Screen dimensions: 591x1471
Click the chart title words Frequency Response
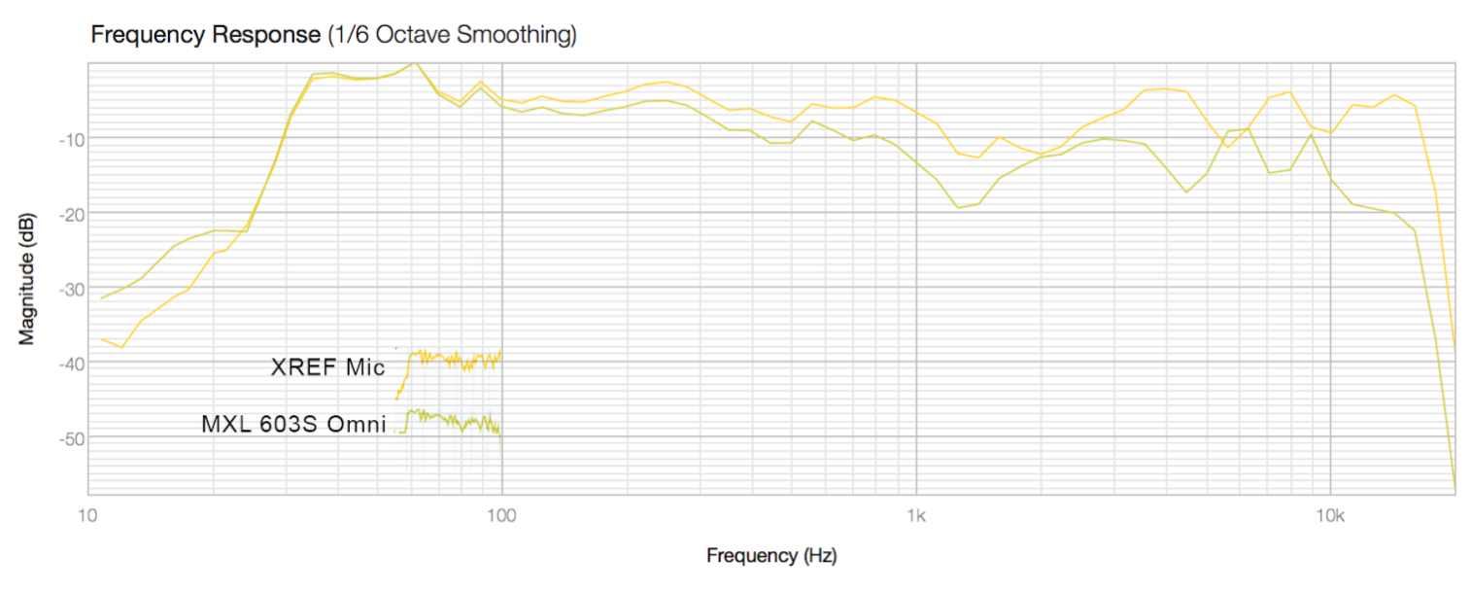pyautogui.click(x=205, y=36)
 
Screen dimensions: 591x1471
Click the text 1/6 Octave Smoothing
pyautogui.click(x=451, y=36)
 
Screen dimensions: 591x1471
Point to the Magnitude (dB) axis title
pyautogui.click(x=27, y=278)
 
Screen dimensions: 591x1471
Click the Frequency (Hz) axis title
pyautogui.click(x=771, y=556)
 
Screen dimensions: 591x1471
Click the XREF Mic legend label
pyautogui.click(x=327, y=367)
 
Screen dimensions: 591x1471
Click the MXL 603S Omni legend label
pyautogui.click(x=293, y=425)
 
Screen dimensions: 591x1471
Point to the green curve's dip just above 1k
pyautogui.click(x=959, y=207)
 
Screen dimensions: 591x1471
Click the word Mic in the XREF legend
pyautogui.click(x=366, y=367)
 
